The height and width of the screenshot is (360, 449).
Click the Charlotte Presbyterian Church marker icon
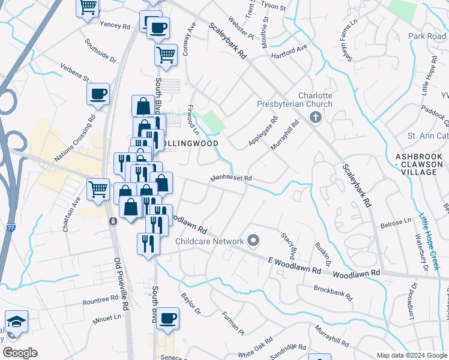pos(316,118)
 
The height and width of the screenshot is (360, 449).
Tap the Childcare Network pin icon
pos(253,241)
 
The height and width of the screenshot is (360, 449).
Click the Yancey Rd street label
pos(115,26)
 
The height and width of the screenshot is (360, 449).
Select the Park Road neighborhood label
pos(427,37)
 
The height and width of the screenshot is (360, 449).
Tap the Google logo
pos(20,353)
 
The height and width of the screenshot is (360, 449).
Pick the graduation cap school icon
pos(16,320)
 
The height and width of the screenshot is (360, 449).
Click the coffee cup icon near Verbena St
pos(98,93)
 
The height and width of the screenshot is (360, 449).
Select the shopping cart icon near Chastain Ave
pos(98,189)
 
